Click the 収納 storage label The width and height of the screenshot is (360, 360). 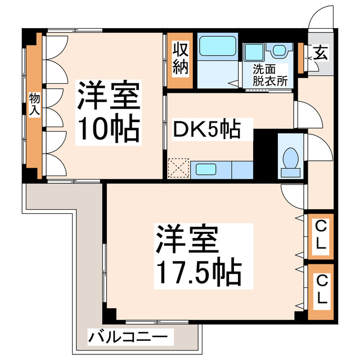180,58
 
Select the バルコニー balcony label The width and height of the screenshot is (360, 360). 127,337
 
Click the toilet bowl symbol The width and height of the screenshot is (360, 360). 291,157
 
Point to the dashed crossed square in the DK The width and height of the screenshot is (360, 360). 179,169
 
